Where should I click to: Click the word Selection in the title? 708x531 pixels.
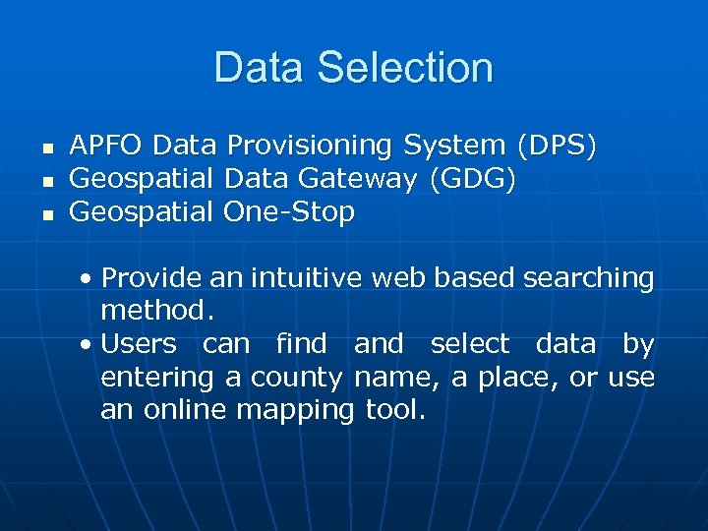tap(410, 68)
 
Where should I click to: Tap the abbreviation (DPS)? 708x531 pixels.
tap(557, 146)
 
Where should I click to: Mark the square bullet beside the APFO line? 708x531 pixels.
tap(45, 147)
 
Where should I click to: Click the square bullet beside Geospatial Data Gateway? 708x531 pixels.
tap(45, 181)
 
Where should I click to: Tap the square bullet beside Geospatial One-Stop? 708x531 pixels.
tap(45, 213)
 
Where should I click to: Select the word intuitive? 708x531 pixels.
tap(307, 278)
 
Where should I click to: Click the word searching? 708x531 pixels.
tap(589, 278)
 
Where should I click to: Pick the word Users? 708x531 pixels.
tap(139, 344)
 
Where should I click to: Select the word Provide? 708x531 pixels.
tap(151, 278)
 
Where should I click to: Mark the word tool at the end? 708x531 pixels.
tap(395, 410)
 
